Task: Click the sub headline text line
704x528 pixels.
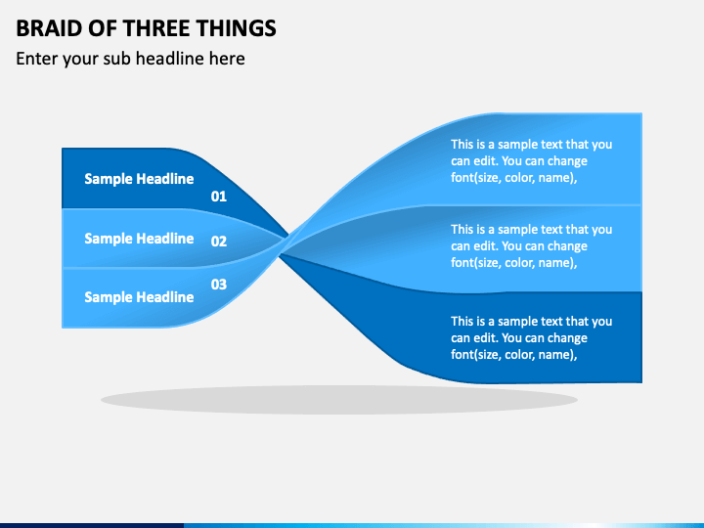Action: click(x=130, y=59)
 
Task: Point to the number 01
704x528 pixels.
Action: click(x=219, y=197)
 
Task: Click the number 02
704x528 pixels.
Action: click(x=219, y=242)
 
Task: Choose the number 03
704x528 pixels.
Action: click(x=219, y=285)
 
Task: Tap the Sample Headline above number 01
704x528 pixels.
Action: click(x=139, y=179)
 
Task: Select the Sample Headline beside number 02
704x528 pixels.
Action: click(x=139, y=239)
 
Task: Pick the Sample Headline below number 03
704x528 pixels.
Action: click(x=139, y=297)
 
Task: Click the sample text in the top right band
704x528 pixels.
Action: click(x=532, y=161)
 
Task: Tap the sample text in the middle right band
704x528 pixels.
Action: click(x=532, y=246)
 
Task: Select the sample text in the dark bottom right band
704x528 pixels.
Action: click(x=532, y=338)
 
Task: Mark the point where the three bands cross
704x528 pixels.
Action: click(x=285, y=244)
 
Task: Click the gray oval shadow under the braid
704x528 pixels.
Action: click(x=339, y=400)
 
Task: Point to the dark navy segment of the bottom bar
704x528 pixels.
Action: click(x=92, y=525)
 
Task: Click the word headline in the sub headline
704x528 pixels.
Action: click(x=170, y=59)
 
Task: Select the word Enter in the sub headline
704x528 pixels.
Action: click(x=37, y=59)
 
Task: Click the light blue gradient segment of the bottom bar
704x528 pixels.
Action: click(x=444, y=525)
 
